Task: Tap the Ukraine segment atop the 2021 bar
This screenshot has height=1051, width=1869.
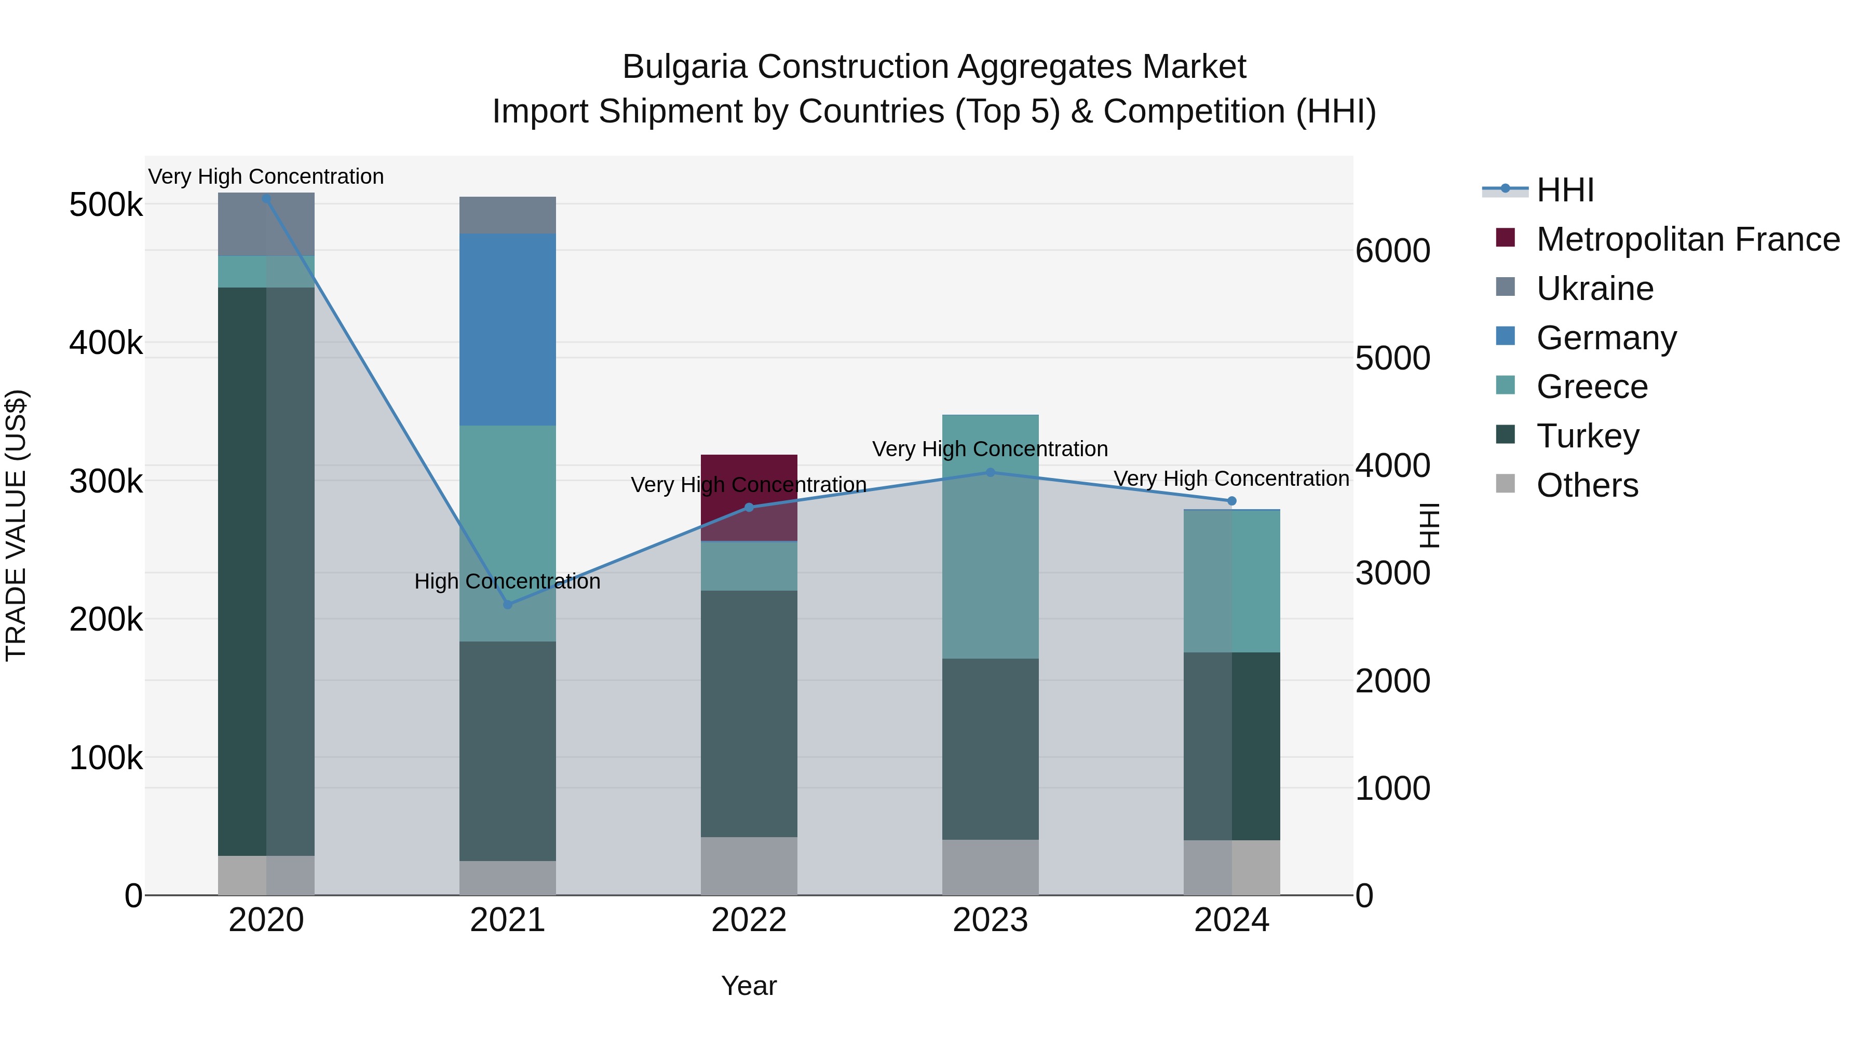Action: click(x=507, y=215)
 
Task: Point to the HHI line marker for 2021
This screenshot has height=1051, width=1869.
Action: click(x=508, y=604)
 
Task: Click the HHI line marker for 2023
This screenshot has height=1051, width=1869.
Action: click(x=991, y=472)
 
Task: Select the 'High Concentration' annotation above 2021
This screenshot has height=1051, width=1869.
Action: click(x=507, y=582)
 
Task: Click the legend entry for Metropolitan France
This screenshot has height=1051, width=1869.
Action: click(x=1688, y=239)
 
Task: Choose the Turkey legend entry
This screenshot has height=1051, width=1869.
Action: click(x=1588, y=436)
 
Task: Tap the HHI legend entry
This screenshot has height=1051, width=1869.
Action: click(x=1565, y=190)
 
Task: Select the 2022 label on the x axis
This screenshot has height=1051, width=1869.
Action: click(x=749, y=920)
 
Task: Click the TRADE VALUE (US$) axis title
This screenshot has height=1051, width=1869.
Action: click(x=16, y=525)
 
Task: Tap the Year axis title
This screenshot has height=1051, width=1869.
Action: click(x=749, y=986)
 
